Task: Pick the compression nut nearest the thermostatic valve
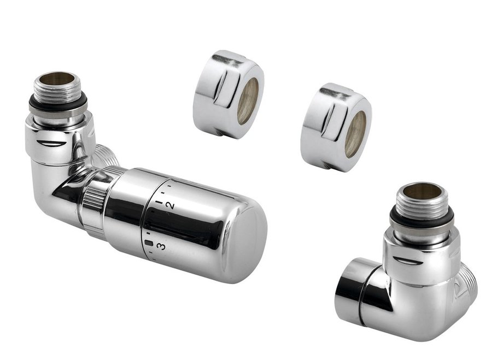[x=228, y=94]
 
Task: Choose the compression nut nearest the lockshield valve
[x=336, y=127]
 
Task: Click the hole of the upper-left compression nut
[x=248, y=101]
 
